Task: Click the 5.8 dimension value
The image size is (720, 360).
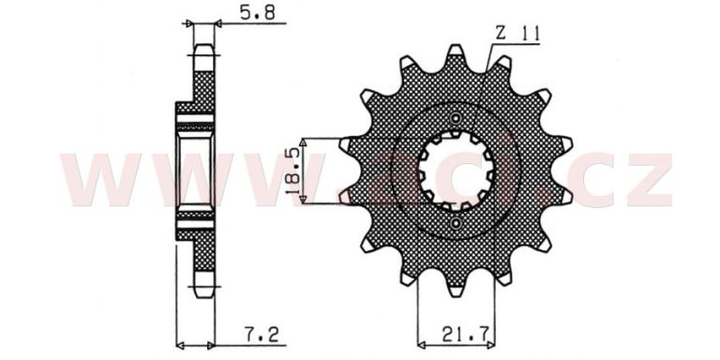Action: tap(257, 13)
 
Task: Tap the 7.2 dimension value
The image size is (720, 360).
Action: tap(261, 336)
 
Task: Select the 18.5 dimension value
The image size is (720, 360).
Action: tap(294, 171)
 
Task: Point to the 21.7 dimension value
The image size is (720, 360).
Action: tap(463, 336)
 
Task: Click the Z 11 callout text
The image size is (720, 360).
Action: tap(517, 34)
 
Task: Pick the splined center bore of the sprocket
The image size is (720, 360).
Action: tap(456, 171)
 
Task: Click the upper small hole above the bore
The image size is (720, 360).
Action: tap(456, 117)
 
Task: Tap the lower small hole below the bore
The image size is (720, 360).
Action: tap(456, 224)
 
